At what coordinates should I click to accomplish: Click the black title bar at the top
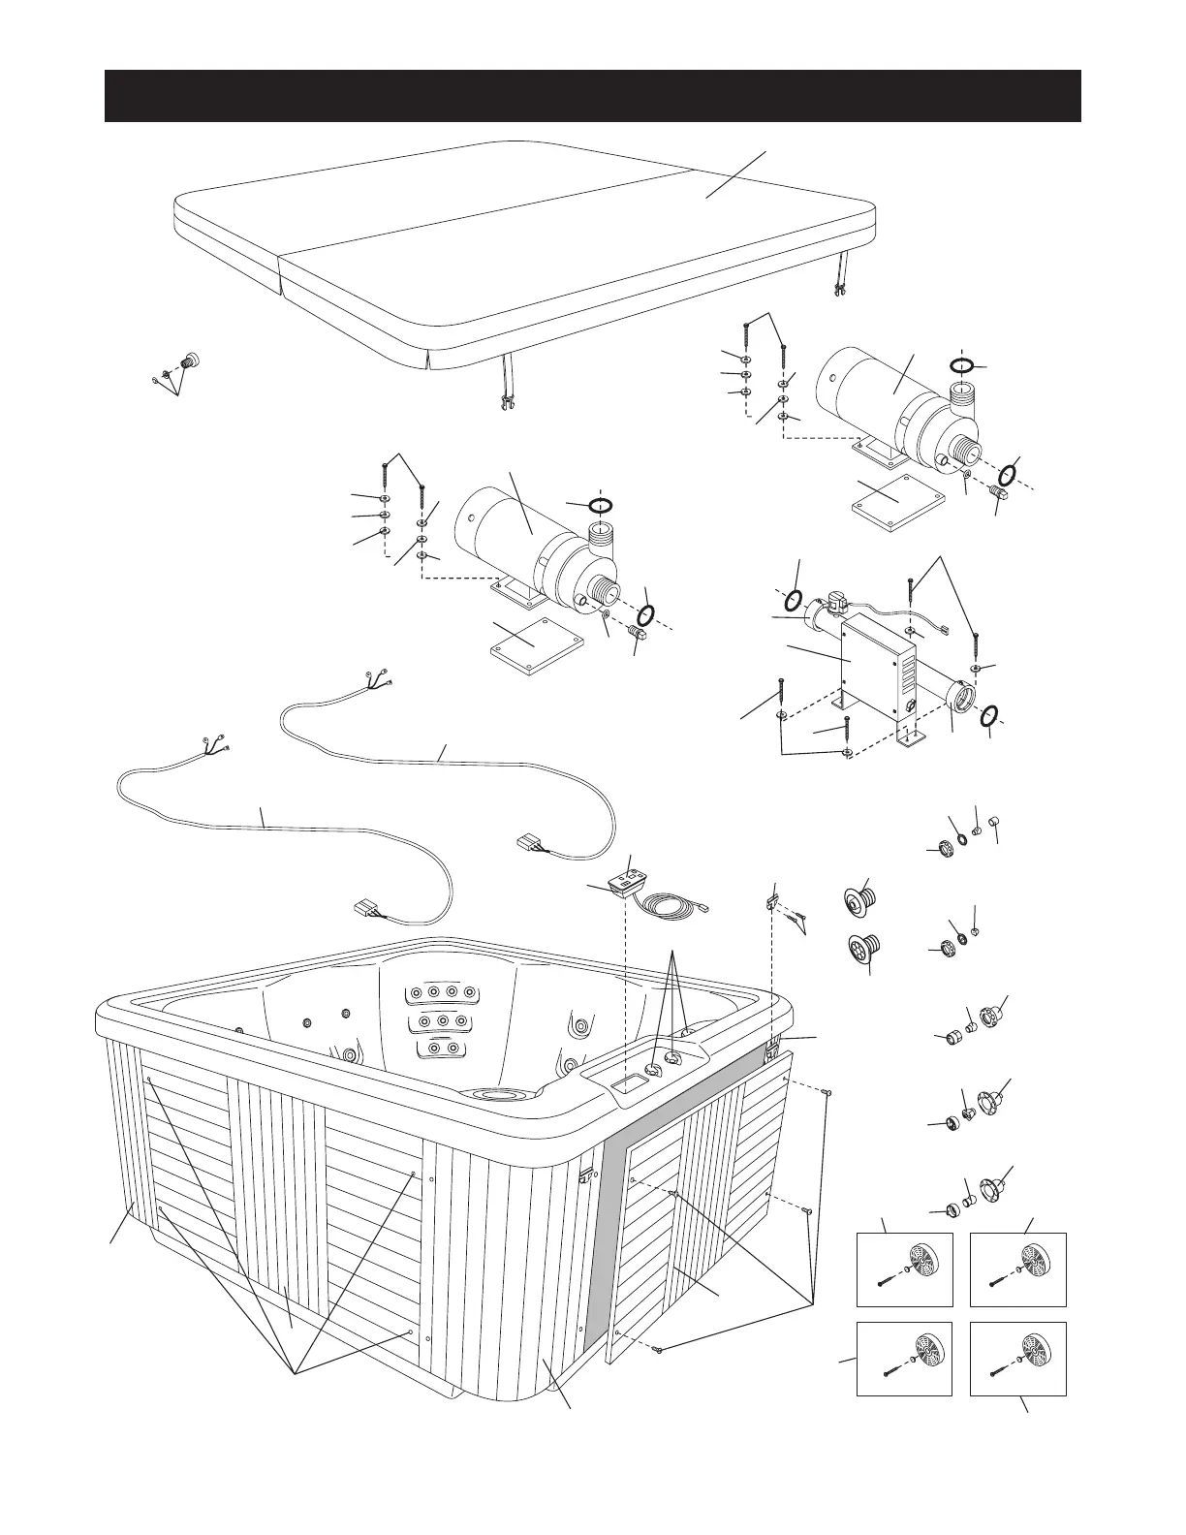592,96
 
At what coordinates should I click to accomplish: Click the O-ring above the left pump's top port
601,505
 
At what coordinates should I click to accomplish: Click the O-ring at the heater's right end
988,717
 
